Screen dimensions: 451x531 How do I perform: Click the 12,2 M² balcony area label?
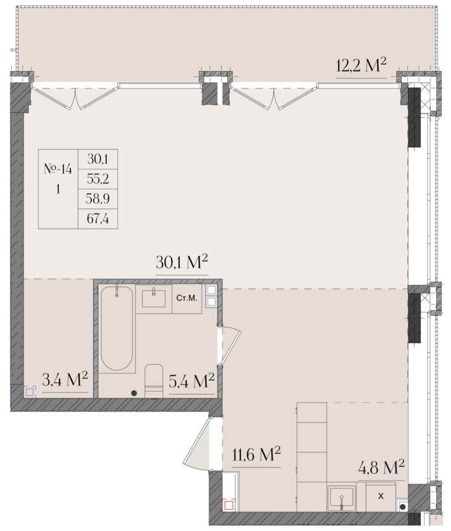tap(361, 65)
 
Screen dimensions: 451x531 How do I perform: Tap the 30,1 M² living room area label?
tap(182, 261)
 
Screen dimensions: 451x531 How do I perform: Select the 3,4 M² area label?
tap(65, 380)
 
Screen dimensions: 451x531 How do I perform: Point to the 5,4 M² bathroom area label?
tap(192, 381)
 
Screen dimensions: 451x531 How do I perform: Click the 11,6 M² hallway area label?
tap(256, 454)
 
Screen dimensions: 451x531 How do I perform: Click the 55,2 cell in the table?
tap(98, 179)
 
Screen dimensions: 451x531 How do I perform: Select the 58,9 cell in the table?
tap(98, 198)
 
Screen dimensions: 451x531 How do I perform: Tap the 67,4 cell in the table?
tap(98, 218)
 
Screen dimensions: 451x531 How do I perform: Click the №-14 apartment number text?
tap(58, 169)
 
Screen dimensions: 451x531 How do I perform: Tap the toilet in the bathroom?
tap(154, 381)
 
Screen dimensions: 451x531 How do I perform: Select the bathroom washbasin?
tap(154, 298)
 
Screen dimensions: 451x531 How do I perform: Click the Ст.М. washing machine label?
tap(187, 298)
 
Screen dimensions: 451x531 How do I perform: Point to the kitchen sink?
tap(342, 498)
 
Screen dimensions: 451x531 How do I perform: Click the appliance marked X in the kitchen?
tap(381, 496)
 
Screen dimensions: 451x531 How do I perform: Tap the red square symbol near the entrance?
tap(229, 506)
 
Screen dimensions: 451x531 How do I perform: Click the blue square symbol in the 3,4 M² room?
tap(30, 392)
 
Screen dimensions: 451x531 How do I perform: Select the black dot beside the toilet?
tap(134, 393)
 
